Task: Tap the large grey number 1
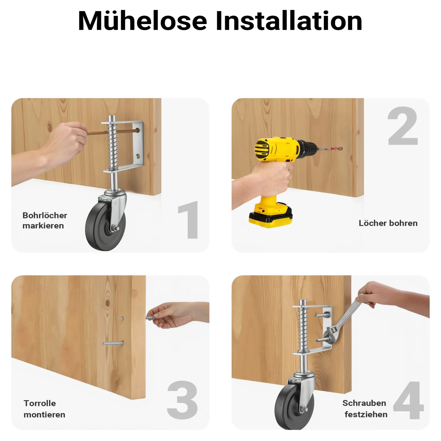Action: pos(189,220)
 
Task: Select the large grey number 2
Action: pos(403,126)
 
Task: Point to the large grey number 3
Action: pos(182,400)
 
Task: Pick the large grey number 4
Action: pos(409,400)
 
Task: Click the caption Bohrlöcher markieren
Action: pos(45,220)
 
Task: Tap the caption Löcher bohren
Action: pos(388,223)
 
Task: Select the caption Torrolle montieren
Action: pos(44,409)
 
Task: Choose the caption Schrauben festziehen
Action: pos(365,408)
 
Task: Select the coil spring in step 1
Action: pos(112,145)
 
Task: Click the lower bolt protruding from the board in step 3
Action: pos(113,343)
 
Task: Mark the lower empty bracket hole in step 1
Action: pos(138,156)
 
